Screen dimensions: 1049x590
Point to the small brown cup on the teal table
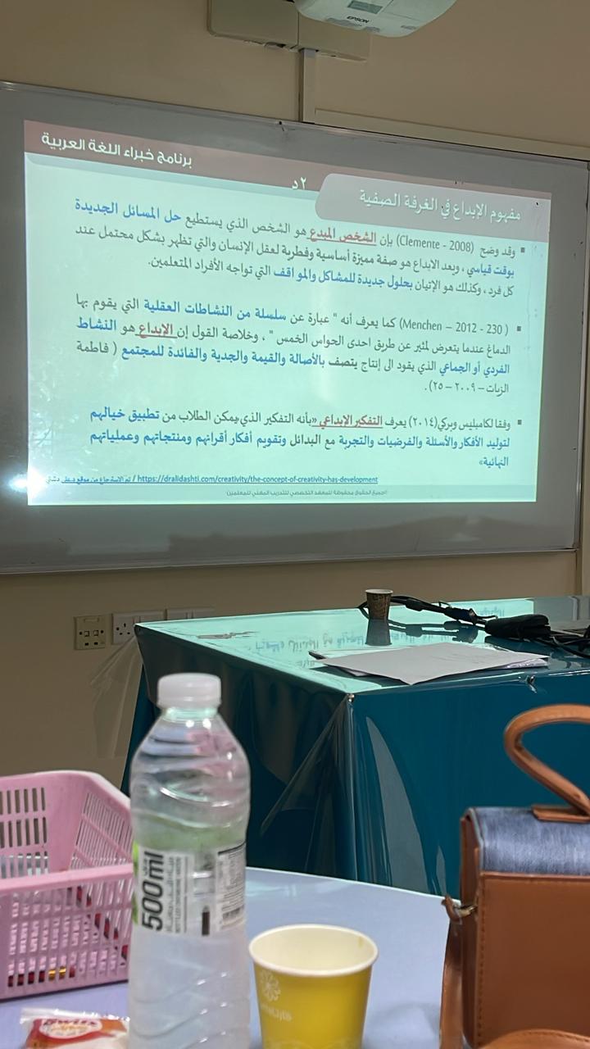[378, 604]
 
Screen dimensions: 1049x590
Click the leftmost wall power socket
[90, 632]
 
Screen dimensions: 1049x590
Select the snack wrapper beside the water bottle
[74, 1029]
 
